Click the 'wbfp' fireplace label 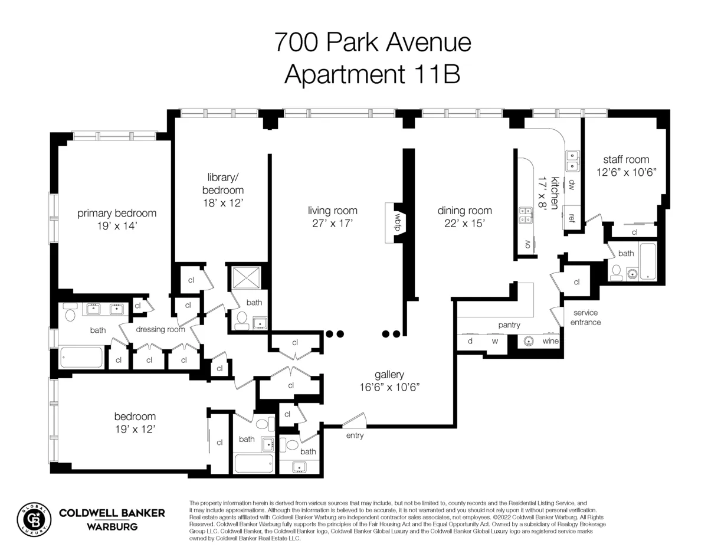point(398,223)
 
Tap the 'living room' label point(332,211)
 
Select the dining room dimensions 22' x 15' point(464,223)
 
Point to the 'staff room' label point(625,159)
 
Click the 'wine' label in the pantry point(550,341)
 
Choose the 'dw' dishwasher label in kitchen point(571,185)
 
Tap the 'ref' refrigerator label point(571,217)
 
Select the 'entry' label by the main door point(355,436)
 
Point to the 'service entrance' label point(585,317)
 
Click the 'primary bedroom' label point(117,214)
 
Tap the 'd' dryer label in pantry point(470,341)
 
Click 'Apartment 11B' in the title point(372,75)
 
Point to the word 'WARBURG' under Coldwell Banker point(112,526)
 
